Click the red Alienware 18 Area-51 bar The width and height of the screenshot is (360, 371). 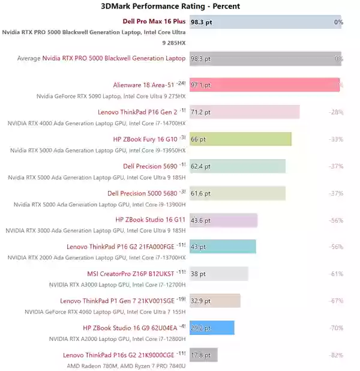[265, 85]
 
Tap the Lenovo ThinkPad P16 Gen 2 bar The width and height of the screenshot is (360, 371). [244, 112]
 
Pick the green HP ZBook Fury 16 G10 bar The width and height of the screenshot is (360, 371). [240, 139]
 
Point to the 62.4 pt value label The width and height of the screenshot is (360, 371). [200, 166]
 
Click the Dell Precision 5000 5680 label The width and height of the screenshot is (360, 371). [142, 193]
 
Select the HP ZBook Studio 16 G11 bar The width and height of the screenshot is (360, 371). [223, 220]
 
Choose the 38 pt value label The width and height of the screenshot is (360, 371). [198, 274]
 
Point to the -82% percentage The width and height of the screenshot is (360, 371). [335, 355]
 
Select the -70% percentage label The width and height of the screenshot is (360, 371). [335, 328]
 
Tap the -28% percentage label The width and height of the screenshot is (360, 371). [335, 112]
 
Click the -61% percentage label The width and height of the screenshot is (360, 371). [335, 274]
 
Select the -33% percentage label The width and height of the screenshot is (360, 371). [335, 139]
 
